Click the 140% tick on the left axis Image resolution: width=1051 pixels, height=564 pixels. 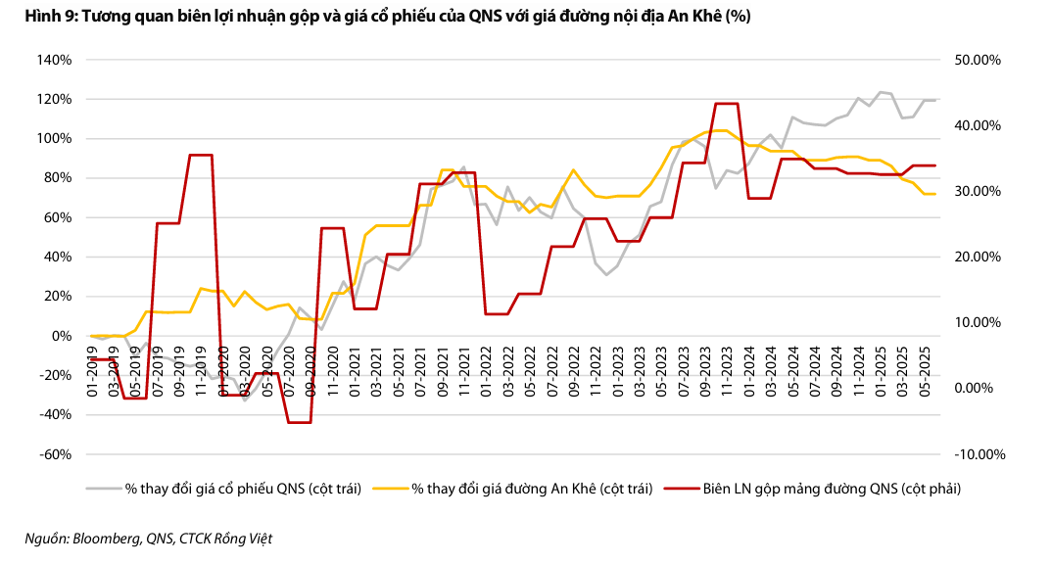pos(55,60)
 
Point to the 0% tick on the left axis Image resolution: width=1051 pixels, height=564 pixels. pos(61,336)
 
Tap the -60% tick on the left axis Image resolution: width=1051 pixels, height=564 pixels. pos(55,454)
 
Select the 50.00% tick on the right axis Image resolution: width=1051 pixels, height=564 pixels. pos(976,60)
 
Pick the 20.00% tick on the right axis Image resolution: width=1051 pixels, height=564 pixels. pos(976,257)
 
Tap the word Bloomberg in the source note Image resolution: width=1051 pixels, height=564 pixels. pos(109,538)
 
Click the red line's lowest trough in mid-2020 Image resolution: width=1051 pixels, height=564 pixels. pos(299,422)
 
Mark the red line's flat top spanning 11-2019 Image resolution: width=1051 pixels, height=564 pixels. pos(200,155)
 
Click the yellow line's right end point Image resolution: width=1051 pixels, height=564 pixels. pos(935,194)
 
